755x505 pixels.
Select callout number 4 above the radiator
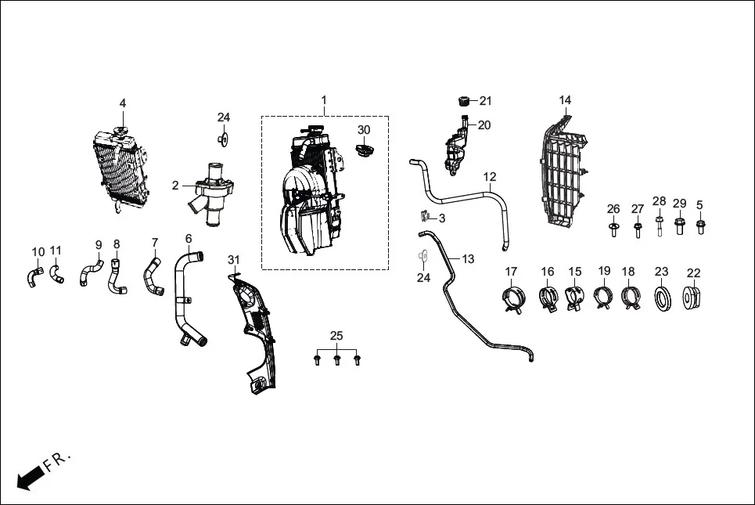point(122,103)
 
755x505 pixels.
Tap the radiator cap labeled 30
point(365,150)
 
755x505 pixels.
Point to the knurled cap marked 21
point(462,101)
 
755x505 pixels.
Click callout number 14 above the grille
point(565,99)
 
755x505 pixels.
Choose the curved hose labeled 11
point(57,274)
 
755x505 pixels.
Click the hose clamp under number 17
point(511,298)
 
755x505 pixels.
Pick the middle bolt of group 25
point(337,360)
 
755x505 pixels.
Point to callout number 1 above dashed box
point(324,100)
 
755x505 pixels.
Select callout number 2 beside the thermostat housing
point(175,186)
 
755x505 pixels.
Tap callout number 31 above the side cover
point(234,259)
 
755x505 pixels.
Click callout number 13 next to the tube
point(468,258)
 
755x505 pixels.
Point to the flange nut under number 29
point(680,229)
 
